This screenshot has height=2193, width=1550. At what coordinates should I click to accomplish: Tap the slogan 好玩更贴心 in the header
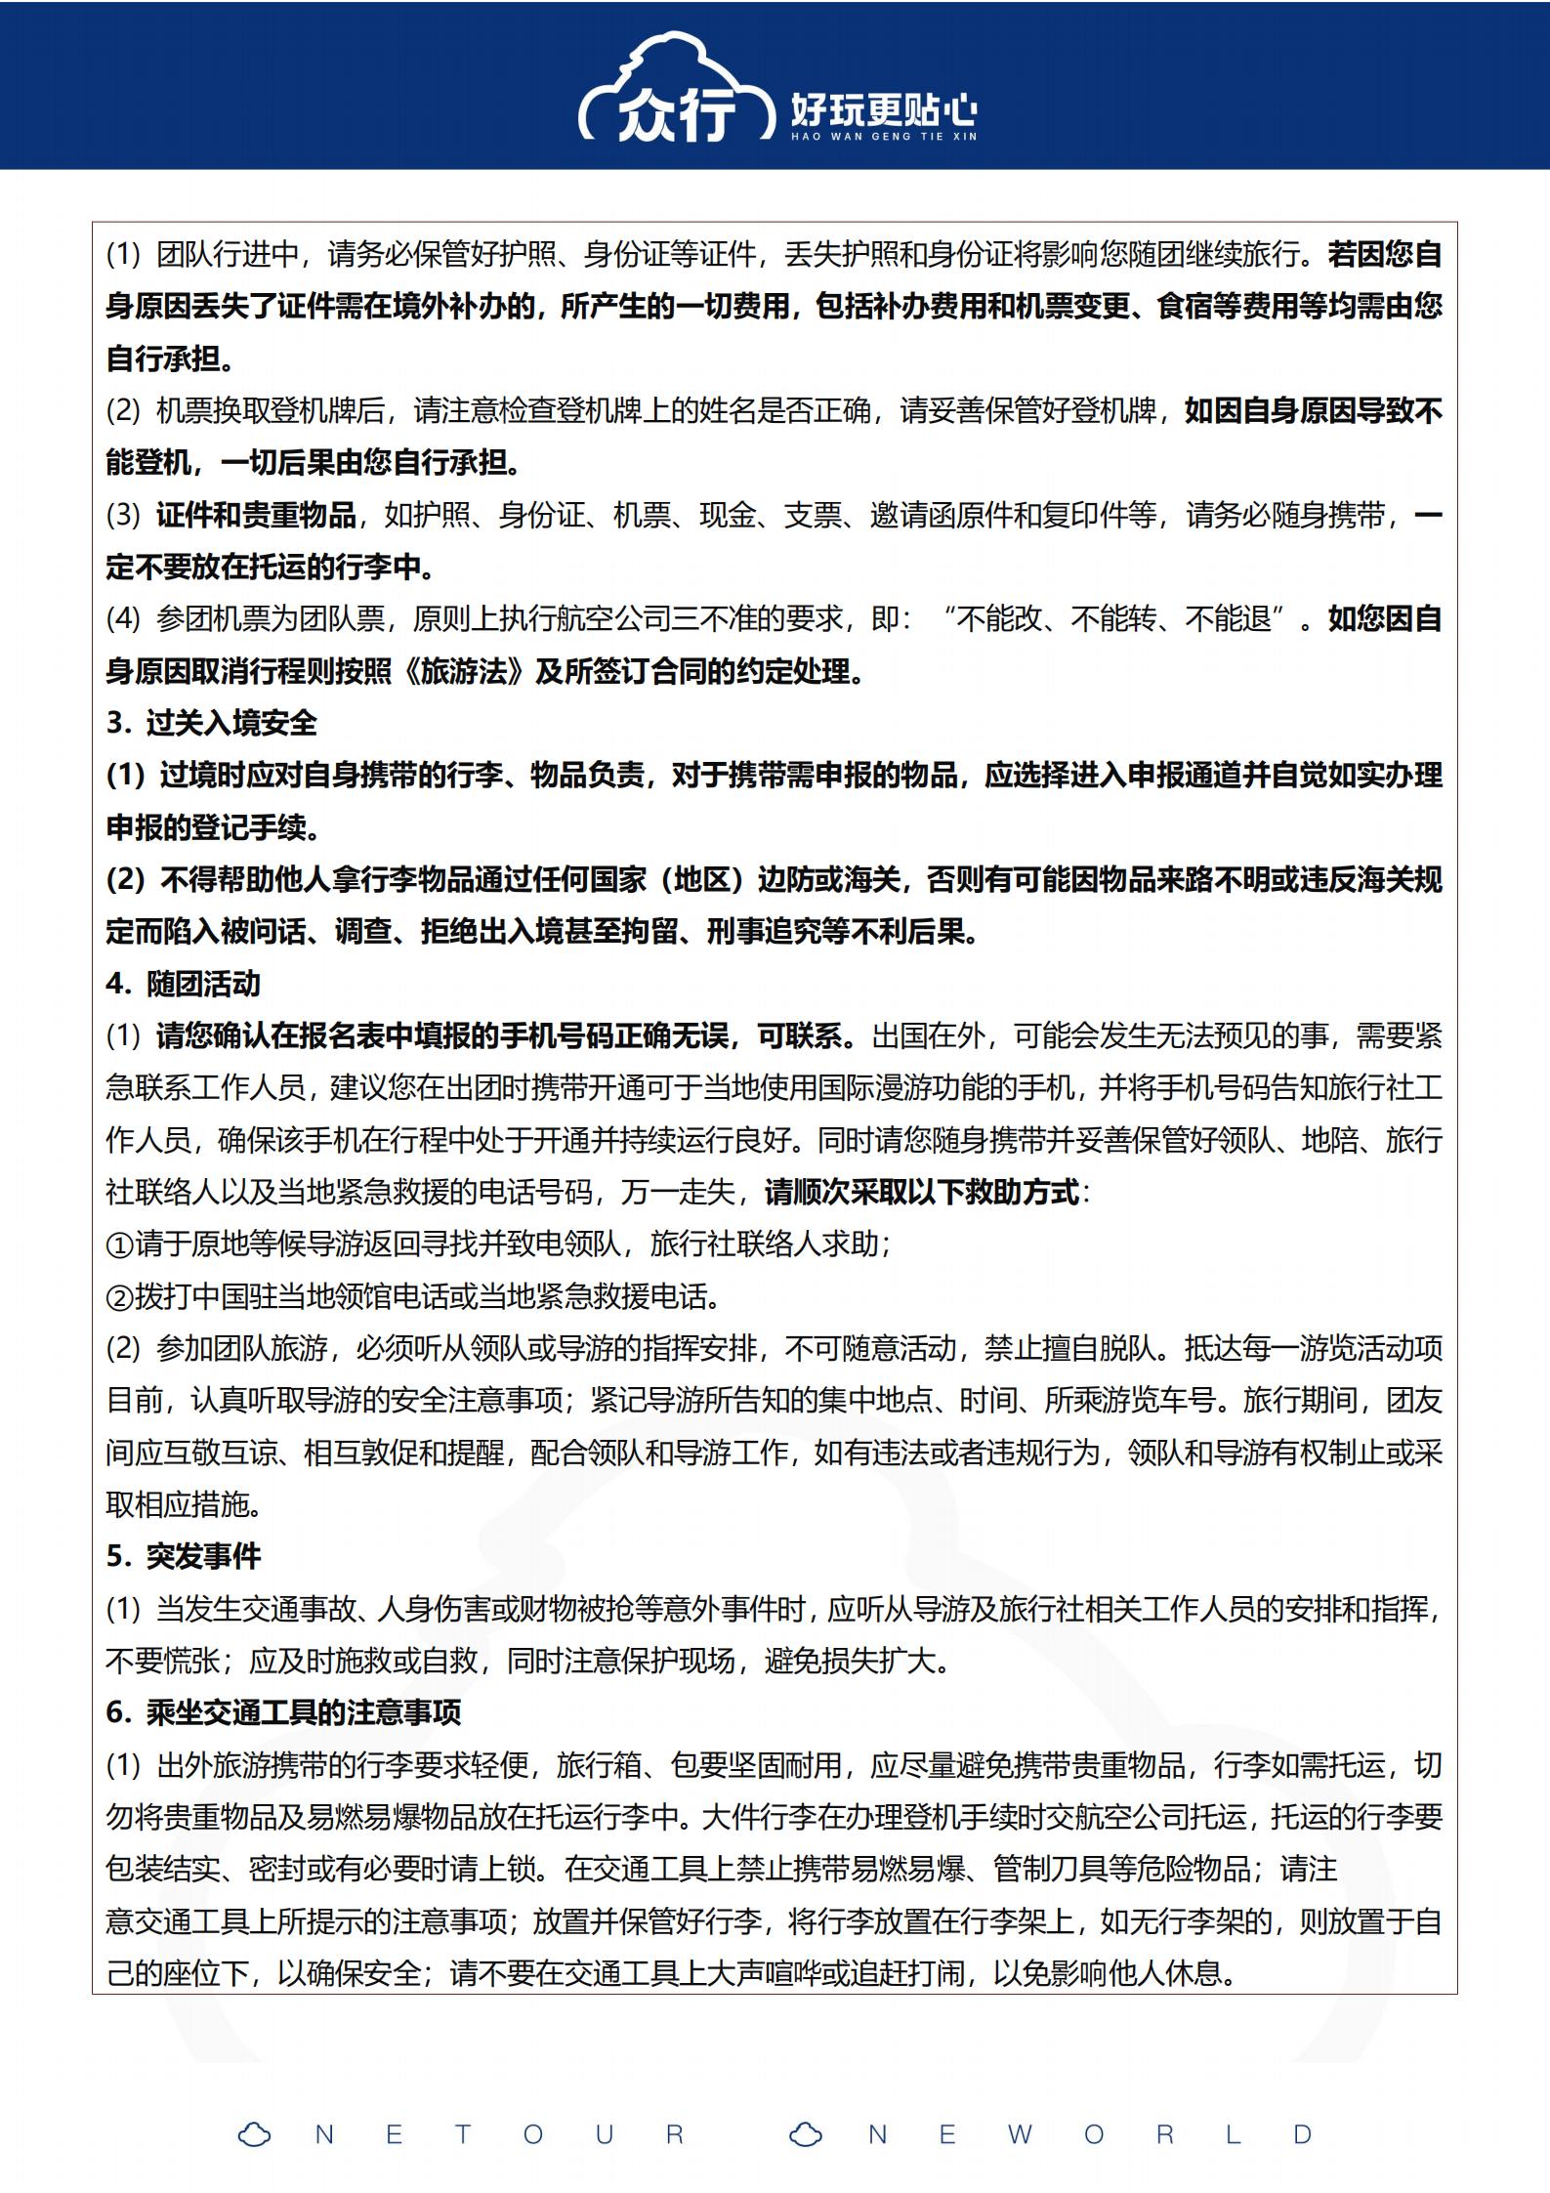tap(883, 109)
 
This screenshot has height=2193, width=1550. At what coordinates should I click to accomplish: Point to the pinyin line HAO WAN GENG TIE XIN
tap(883, 137)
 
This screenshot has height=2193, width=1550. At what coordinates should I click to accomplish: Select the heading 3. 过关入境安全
tap(212, 723)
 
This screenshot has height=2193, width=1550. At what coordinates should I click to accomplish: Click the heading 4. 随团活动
tap(184, 983)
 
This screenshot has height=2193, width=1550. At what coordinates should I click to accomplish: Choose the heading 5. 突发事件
tap(184, 1556)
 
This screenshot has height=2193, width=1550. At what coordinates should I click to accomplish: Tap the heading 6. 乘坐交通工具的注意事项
tap(283, 1712)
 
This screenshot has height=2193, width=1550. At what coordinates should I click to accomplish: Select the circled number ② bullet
tap(119, 1297)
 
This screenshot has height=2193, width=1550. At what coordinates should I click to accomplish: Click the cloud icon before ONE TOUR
tap(255, 2134)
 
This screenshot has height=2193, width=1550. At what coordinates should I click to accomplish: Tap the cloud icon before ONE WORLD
tap(806, 2134)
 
